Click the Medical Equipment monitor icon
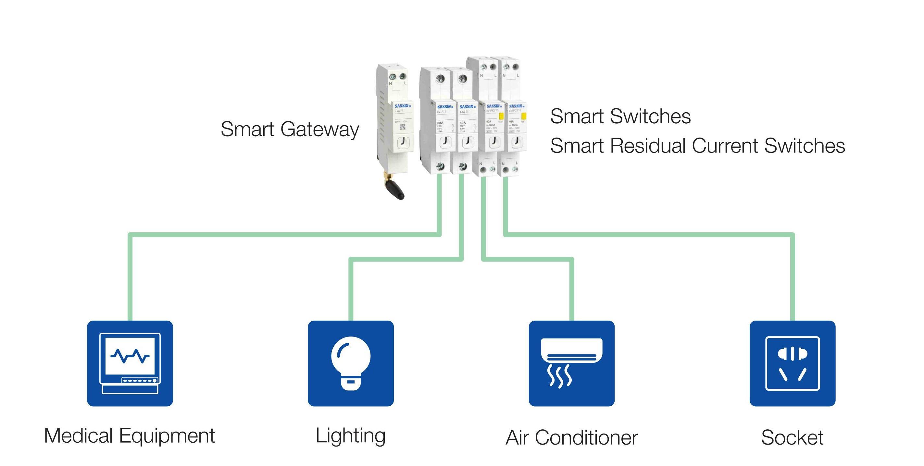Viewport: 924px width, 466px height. click(x=130, y=363)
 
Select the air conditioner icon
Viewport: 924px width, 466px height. click(x=571, y=363)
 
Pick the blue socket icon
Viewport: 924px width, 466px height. click(x=793, y=363)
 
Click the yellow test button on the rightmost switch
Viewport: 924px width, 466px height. click(x=523, y=116)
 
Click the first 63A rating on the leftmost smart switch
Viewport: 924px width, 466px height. click(x=440, y=123)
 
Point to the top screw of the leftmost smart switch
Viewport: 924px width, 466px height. click(x=440, y=79)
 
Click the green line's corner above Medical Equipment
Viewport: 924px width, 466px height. click(x=130, y=235)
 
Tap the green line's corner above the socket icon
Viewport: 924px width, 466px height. click(x=793, y=235)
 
